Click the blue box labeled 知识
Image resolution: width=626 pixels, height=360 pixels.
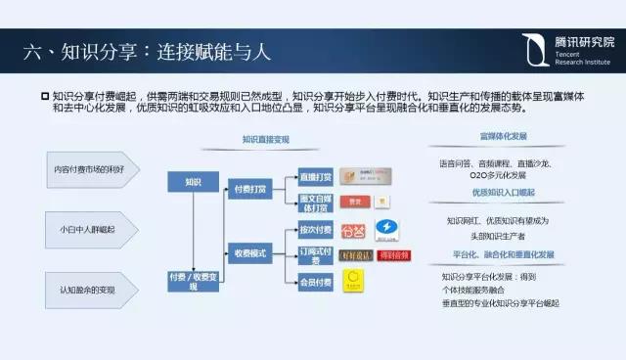[x=192, y=181]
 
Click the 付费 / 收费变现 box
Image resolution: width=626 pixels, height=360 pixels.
[x=192, y=282]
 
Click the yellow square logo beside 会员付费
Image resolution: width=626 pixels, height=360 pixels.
[x=356, y=284]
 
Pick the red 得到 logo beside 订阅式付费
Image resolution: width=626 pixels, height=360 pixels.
[x=391, y=256]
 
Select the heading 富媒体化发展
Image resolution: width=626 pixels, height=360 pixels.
[x=503, y=137]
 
